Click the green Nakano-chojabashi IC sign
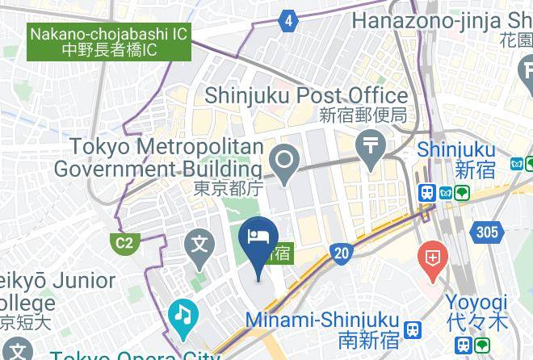[x=110, y=42]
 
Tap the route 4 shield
[x=289, y=21]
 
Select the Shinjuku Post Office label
[x=306, y=95]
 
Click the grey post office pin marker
[x=371, y=150]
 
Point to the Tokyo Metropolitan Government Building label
[x=158, y=158]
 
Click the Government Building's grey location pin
[x=284, y=161]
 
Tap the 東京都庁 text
[x=229, y=188]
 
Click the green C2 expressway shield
[x=124, y=243]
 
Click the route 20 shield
[x=342, y=253]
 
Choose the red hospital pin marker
[x=433, y=260]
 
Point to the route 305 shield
[x=488, y=232]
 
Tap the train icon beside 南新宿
[x=413, y=329]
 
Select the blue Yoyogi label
[x=477, y=303]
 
